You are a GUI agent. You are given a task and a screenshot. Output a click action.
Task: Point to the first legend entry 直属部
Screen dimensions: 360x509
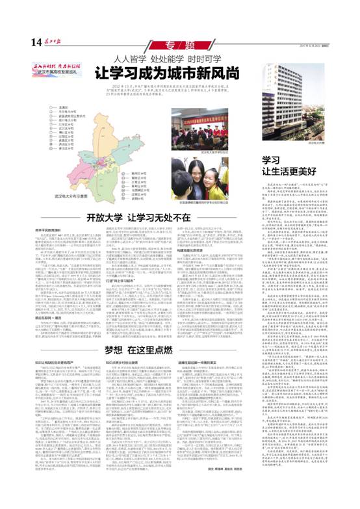tap(61, 108)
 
